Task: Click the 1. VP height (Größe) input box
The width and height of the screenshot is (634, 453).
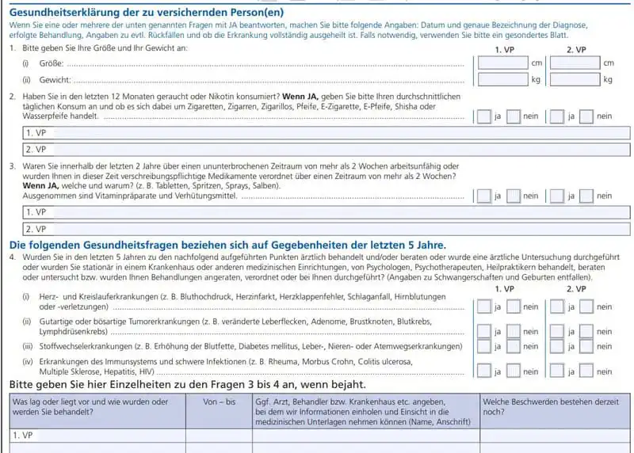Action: coord(502,63)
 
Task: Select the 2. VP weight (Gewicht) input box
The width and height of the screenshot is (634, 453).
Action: coord(575,79)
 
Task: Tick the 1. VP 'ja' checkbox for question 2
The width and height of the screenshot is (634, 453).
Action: coord(483,116)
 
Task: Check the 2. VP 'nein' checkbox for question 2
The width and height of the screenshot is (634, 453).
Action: coord(586,116)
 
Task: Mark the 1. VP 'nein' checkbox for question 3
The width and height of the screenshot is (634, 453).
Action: coord(514,196)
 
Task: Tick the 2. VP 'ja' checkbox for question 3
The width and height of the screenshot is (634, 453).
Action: coord(556,196)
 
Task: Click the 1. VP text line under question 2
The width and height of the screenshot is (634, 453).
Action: coord(317,133)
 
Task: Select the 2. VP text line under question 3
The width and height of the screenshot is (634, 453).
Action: coord(317,229)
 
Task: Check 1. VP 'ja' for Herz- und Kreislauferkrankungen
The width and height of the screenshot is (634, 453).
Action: coord(483,306)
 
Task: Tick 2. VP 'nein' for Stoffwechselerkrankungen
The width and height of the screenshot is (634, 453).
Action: coord(586,346)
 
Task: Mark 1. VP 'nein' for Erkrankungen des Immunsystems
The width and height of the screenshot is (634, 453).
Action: coord(514,371)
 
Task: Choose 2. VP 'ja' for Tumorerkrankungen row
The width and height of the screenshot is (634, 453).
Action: coord(556,332)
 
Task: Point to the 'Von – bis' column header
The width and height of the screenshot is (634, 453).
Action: coord(220,402)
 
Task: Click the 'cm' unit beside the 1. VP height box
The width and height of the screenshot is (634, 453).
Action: coord(537,63)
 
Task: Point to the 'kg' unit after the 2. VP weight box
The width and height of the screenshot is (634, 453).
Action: coord(608,80)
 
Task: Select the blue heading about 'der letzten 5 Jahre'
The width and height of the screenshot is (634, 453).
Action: coord(227,245)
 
